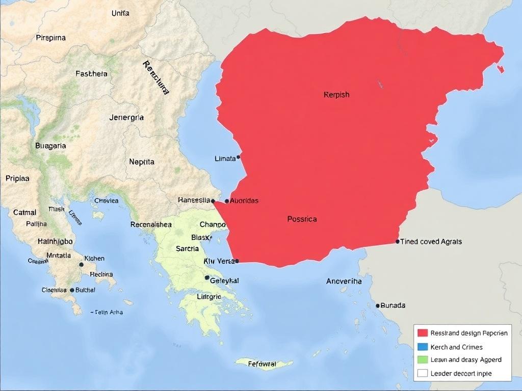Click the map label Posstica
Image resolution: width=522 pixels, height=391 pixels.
[x=302, y=219]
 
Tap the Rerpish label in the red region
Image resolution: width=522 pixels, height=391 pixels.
[x=336, y=95]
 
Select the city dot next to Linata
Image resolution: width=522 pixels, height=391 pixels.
[x=239, y=157]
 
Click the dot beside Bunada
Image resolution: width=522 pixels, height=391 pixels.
[x=378, y=305]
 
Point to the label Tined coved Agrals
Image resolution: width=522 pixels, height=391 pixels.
[x=431, y=241]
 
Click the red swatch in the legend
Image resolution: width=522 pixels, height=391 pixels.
[x=422, y=333]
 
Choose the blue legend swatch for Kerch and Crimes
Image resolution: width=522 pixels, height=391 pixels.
[x=422, y=347]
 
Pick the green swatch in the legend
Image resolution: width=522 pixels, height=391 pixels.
[x=422, y=359]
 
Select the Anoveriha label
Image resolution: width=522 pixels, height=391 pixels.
[x=344, y=281]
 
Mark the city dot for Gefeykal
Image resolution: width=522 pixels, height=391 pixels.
[x=207, y=278]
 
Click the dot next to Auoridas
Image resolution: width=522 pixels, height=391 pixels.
[x=227, y=201]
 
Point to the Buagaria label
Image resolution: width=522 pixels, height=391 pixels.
[x=50, y=146]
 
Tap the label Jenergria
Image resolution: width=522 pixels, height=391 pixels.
[x=126, y=118]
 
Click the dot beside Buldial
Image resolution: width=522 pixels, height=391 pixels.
[x=72, y=290]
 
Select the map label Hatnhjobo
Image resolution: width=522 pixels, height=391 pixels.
[x=55, y=241]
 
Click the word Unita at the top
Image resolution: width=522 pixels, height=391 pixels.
[x=120, y=13]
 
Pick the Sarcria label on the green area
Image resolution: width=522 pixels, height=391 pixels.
[x=187, y=249]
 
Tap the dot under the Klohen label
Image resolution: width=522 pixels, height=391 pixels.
[x=81, y=265]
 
